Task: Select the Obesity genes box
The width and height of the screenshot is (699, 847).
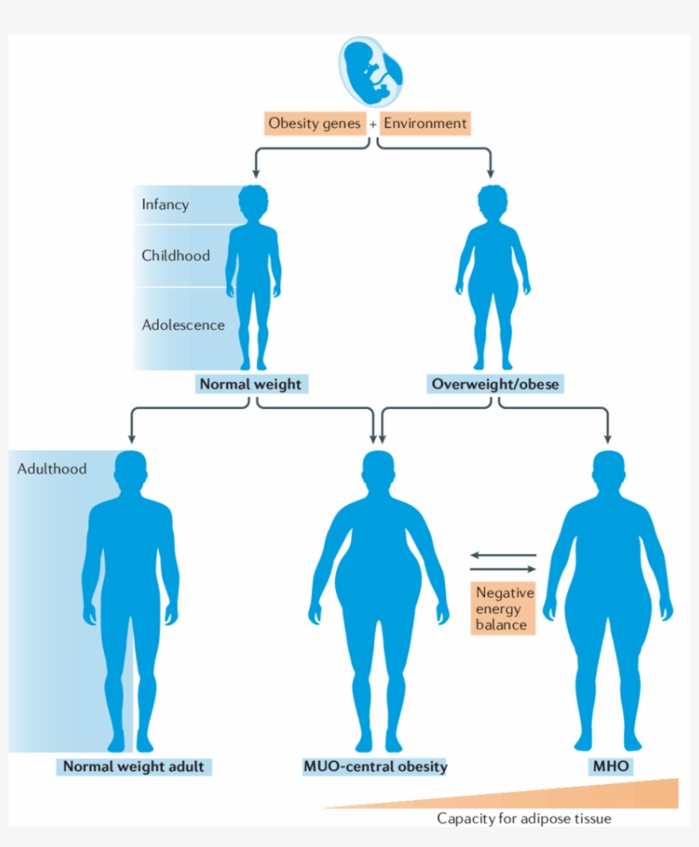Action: (315, 124)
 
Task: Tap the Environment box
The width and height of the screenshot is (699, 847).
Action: (425, 124)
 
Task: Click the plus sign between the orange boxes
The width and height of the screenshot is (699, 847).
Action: (373, 124)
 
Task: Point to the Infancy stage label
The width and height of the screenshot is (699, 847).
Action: (165, 205)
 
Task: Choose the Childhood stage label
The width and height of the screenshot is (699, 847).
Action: (176, 255)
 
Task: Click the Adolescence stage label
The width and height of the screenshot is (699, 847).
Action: (183, 325)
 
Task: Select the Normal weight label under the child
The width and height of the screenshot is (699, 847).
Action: (250, 384)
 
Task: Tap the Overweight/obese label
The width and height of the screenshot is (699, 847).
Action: (495, 384)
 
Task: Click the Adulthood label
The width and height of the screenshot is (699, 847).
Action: (52, 469)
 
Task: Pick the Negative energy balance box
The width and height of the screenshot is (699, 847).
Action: (505, 608)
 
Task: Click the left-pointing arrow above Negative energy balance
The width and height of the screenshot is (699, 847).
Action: (503, 556)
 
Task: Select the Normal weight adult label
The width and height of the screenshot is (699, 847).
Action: (133, 766)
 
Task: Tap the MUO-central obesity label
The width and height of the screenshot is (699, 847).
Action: (375, 766)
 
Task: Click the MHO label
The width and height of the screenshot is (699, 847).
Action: (610, 766)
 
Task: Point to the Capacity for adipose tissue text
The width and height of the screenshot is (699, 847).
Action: (523, 819)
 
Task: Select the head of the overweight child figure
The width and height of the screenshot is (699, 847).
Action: (494, 203)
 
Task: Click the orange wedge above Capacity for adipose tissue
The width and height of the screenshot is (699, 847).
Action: (597, 795)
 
